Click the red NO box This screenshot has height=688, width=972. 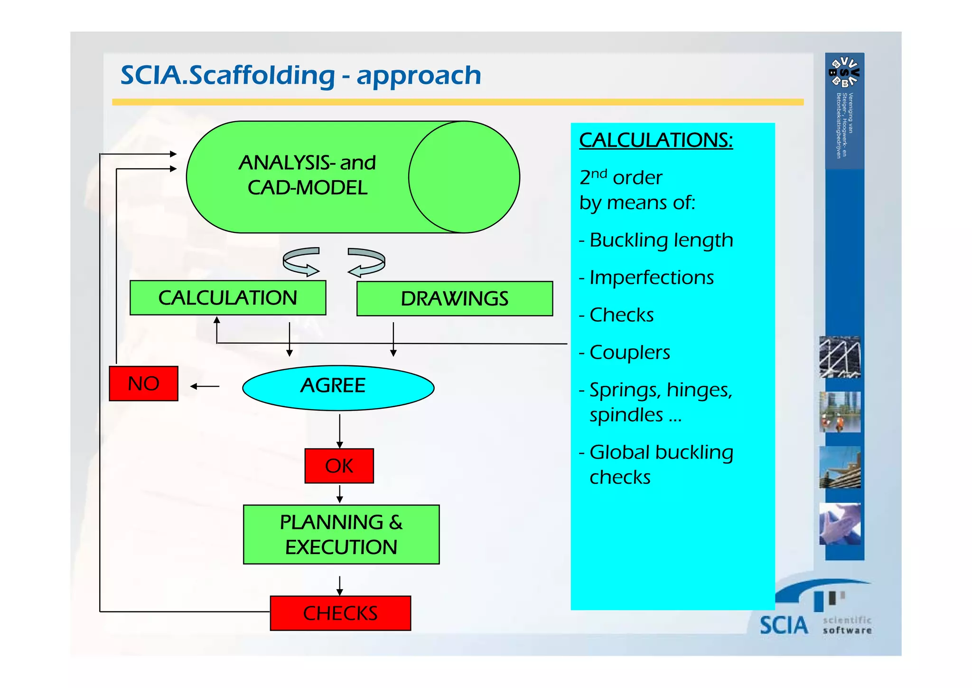point(143,383)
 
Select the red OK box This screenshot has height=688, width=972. point(339,466)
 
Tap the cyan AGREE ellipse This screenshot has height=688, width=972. point(338,387)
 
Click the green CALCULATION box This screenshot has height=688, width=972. point(228,298)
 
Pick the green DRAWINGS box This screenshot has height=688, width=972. point(454,299)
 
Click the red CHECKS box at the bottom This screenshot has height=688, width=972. point(340,613)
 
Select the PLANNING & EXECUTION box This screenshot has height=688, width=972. point(341,535)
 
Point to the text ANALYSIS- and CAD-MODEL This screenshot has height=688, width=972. point(307,175)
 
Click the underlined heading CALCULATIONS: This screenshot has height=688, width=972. point(656,140)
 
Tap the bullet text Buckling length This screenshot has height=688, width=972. point(661,240)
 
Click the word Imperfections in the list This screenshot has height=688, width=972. point(651,277)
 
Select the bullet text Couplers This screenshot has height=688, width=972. point(629,353)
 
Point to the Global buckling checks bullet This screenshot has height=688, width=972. point(661,464)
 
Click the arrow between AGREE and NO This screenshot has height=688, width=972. point(205,386)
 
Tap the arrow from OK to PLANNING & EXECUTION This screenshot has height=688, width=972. point(339,494)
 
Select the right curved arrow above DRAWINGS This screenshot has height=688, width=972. point(367,262)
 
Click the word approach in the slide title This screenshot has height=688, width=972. point(419,76)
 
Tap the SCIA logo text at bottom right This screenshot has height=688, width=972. point(783,625)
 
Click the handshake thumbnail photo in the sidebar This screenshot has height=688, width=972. point(840,524)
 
